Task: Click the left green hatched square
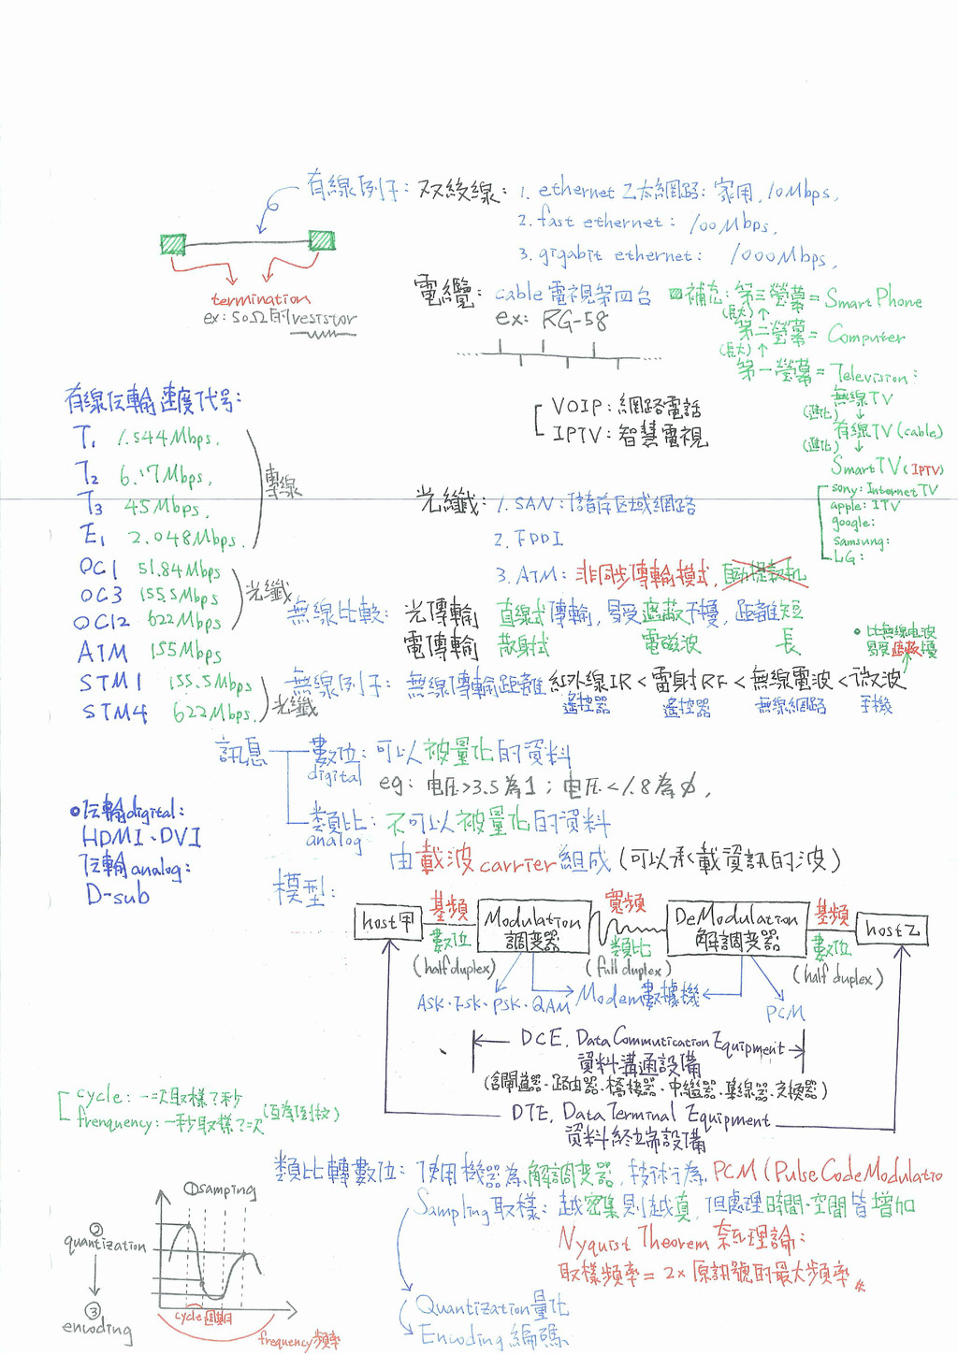[x=173, y=245]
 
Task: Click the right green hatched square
[x=322, y=239]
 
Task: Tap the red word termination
[x=260, y=299]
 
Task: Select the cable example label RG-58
[x=574, y=322]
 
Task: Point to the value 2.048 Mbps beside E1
[x=183, y=539]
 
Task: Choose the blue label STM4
[x=114, y=713]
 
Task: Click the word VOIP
[x=576, y=406]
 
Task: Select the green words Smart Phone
[x=874, y=300]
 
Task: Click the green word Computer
[x=865, y=336]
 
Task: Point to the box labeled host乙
[x=892, y=930]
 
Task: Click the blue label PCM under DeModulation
[x=785, y=1013]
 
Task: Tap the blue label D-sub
[x=118, y=895]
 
